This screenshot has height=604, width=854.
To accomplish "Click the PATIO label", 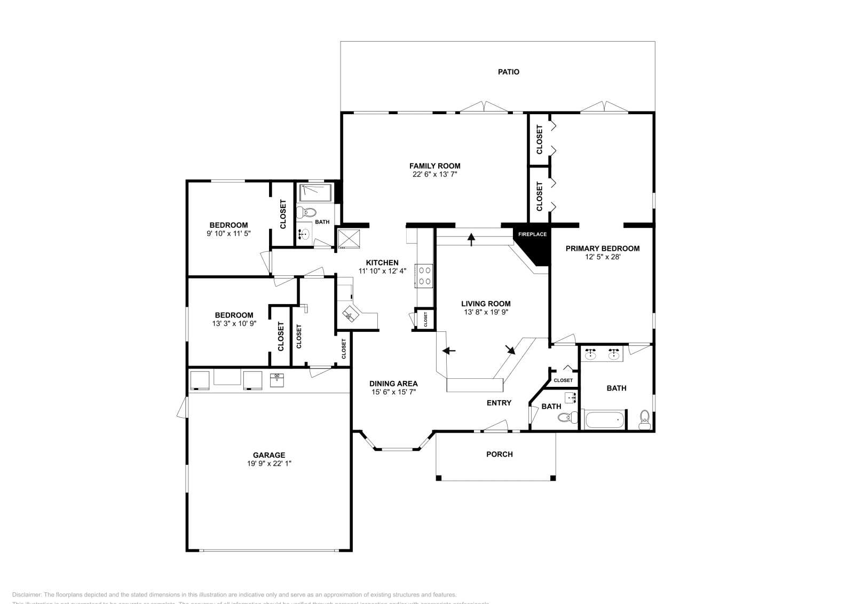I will click(508, 72).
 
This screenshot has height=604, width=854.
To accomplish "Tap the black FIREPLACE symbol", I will click(535, 246).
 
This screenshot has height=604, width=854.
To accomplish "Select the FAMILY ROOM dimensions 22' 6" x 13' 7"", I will click(434, 174).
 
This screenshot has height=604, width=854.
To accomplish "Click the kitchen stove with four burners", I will click(425, 276).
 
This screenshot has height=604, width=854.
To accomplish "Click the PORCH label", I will click(499, 454).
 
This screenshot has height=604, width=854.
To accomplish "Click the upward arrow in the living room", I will click(471, 239).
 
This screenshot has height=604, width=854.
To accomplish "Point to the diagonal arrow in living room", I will click(510, 349).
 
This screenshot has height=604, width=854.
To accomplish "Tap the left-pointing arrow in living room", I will click(449, 351).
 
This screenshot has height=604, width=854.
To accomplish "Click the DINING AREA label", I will click(393, 384).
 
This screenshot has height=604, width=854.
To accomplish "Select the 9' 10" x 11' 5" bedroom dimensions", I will click(228, 233).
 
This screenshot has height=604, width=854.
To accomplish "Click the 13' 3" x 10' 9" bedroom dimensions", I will click(234, 323).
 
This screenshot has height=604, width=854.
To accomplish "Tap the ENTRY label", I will click(499, 403).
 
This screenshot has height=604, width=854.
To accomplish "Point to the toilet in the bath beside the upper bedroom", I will click(304, 212).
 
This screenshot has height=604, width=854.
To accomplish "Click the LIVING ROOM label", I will click(486, 304).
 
